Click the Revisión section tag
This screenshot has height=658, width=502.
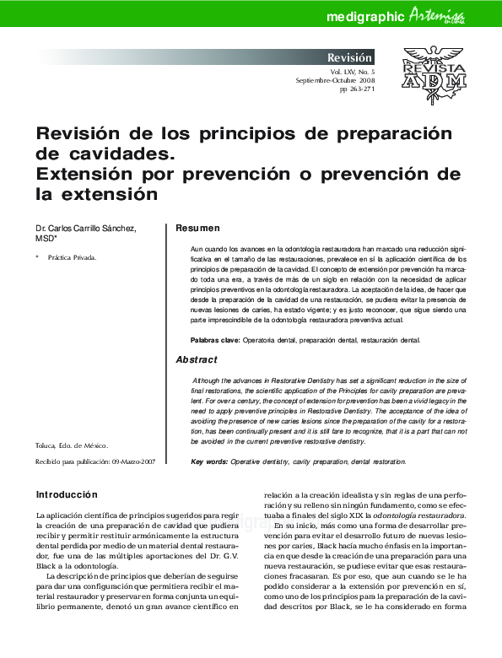point(350,58)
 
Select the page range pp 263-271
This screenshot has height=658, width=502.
point(357,89)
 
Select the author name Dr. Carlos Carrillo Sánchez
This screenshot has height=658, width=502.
point(85,229)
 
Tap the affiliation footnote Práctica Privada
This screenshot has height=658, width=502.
point(72,257)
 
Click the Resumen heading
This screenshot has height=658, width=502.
point(197,229)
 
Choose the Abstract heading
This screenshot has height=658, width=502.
point(196,359)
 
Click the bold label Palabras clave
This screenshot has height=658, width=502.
point(215,340)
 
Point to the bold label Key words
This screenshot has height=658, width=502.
point(209,462)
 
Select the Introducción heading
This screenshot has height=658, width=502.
point(67,494)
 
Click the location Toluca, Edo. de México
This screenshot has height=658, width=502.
point(72,445)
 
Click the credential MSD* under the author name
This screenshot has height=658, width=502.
point(46,239)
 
